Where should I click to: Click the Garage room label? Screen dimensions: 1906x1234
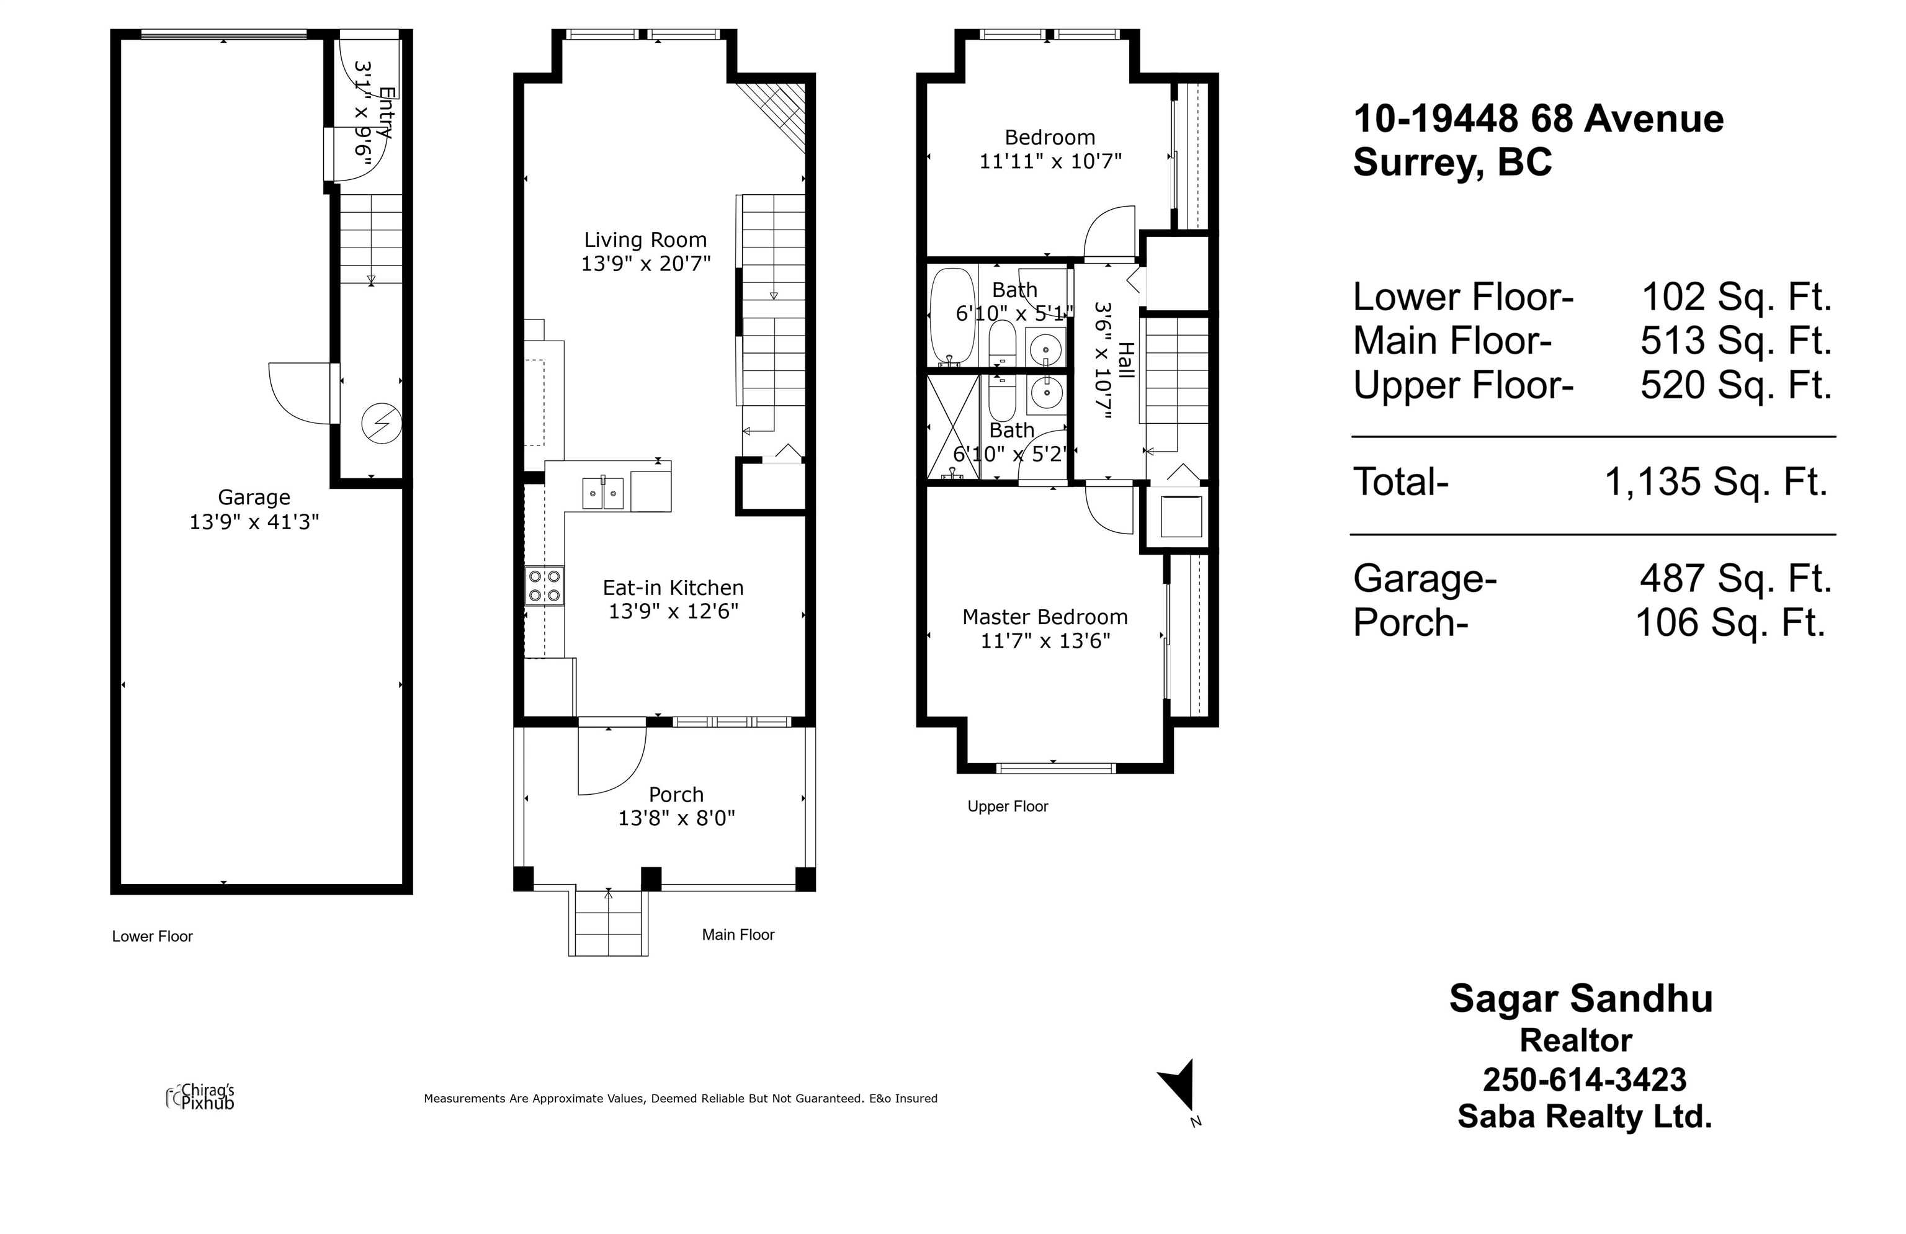[x=254, y=498]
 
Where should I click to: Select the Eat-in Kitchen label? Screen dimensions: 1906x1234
[x=673, y=588]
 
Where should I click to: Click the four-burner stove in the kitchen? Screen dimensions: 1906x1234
[x=545, y=586]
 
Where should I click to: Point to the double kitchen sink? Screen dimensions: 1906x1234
[x=603, y=493]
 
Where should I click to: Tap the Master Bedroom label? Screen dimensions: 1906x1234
[x=1045, y=617]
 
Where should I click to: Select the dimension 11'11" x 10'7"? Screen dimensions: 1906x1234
[x=1050, y=161]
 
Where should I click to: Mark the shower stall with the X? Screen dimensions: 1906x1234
[x=953, y=427]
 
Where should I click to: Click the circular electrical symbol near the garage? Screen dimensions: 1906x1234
[x=382, y=423]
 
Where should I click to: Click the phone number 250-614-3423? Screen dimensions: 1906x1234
[x=1585, y=1080]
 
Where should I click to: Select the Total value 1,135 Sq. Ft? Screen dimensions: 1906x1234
[x=1716, y=482]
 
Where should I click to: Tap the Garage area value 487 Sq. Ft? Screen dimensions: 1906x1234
[x=1735, y=578]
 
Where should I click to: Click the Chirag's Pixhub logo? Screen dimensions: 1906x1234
[x=200, y=1096]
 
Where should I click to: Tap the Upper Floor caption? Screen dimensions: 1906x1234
[x=1008, y=807]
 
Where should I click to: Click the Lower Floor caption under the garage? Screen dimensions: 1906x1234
[x=152, y=936]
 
